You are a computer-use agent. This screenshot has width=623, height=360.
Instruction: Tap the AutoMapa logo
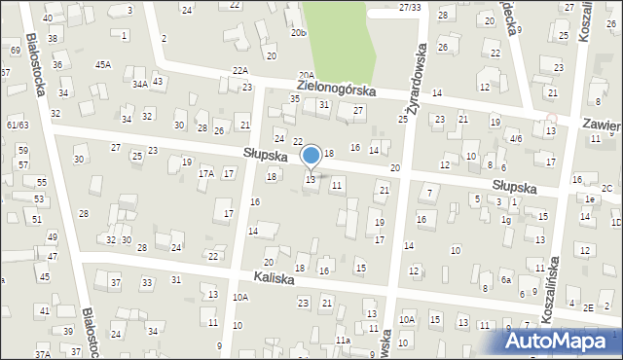(x=563, y=341)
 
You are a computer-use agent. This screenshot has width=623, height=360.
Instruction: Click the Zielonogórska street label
(x=331, y=89)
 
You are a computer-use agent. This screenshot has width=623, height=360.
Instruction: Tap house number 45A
(x=102, y=64)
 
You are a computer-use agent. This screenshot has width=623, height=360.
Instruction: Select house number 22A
(x=240, y=71)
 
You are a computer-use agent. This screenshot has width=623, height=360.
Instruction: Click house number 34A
(x=140, y=85)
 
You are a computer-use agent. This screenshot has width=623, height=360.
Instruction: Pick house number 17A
(x=205, y=173)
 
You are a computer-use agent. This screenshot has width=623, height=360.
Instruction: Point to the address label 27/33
(x=410, y=8)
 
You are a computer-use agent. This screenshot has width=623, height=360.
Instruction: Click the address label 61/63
(x=17, y=126)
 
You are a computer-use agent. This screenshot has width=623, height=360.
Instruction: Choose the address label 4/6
(x=516, y=139)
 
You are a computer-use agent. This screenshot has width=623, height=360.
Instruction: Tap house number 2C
(x=606, y=188)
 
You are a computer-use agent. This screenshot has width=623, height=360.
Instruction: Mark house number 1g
(x=506, y=220)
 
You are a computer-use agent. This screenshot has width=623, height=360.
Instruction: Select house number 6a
(x=506, y=279)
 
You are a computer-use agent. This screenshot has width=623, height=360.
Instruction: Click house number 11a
(x=343, y=340)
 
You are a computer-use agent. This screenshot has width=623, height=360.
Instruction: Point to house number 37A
(x=44, y=355)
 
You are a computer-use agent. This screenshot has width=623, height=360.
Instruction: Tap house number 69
(x=15, y=50)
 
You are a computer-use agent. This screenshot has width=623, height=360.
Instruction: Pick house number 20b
(x=298, y=32)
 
